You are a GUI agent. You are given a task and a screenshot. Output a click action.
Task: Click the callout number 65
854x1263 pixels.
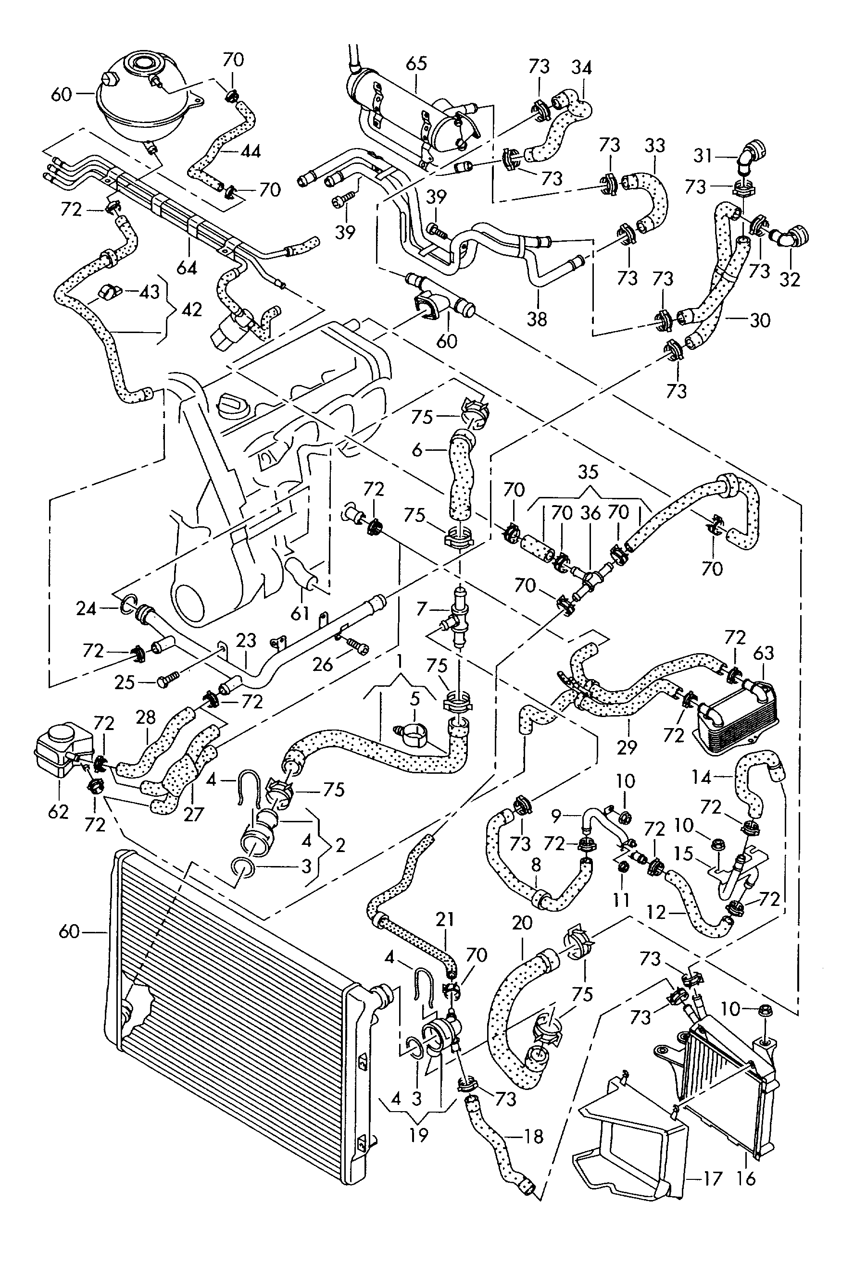416,63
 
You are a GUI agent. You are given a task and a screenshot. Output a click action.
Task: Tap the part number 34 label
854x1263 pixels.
581,67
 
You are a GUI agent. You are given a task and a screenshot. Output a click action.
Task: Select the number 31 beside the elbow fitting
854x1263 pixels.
703,156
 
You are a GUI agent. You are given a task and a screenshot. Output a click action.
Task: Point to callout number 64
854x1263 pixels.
187,267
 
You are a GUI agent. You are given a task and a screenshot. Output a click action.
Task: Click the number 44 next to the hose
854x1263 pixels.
250,151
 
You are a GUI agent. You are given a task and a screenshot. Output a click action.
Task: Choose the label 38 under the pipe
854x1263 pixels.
537,319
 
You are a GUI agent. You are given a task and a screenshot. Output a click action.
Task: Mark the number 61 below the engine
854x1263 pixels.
300,614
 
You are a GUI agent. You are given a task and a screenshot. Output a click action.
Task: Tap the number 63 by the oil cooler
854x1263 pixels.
763,653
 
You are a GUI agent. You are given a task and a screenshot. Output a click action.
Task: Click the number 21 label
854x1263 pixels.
444,919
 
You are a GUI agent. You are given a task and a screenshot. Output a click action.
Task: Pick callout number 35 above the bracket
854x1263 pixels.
588,472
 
